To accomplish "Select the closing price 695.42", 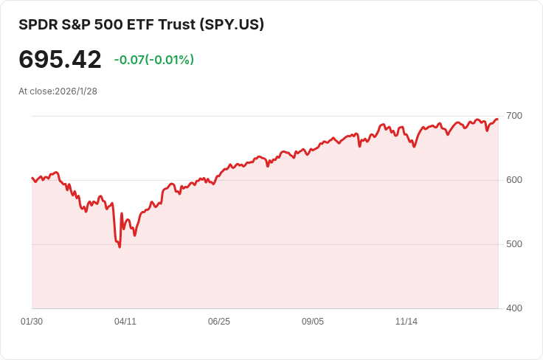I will [60, 59].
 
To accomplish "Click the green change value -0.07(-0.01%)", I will [153, 60].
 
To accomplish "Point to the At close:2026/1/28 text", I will [58, 91].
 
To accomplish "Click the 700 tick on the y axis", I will [513, 116].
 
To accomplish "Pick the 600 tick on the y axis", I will [513, 180].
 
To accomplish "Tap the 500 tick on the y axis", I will [513, 244].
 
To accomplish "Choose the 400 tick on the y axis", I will [513, 308].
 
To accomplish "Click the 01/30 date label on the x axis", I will [32, 322].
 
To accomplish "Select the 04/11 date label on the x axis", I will [125, 322].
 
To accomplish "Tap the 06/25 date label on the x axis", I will [219, 322].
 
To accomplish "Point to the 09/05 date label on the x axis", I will [313, 322].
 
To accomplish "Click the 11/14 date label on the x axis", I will [407, 322].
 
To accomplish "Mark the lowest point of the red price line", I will [120, 246].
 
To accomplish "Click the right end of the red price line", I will [497, 120].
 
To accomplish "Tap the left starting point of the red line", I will [32, 178].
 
